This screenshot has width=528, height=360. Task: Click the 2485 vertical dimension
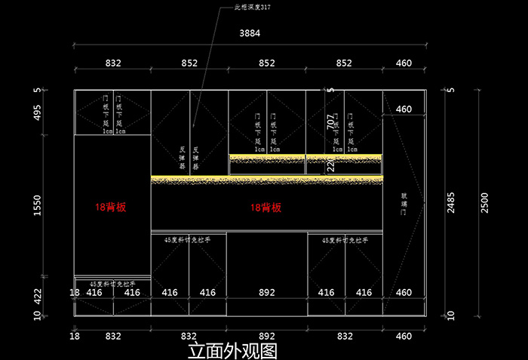point(451,202)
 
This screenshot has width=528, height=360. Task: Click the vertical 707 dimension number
point(330,123)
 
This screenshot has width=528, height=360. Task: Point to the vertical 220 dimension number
point(330,163)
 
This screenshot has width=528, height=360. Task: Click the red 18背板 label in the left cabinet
point(111,207)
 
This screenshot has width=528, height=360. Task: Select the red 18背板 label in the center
point(266,207)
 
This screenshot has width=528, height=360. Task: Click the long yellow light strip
point(266,178)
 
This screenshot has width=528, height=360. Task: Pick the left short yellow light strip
point(266,157)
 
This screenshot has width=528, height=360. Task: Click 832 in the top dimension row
point(112,63)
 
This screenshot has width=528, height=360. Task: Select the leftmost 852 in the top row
point(189,63)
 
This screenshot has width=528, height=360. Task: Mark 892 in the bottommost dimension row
point(266,336)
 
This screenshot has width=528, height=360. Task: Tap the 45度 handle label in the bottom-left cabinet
point(112,283)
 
